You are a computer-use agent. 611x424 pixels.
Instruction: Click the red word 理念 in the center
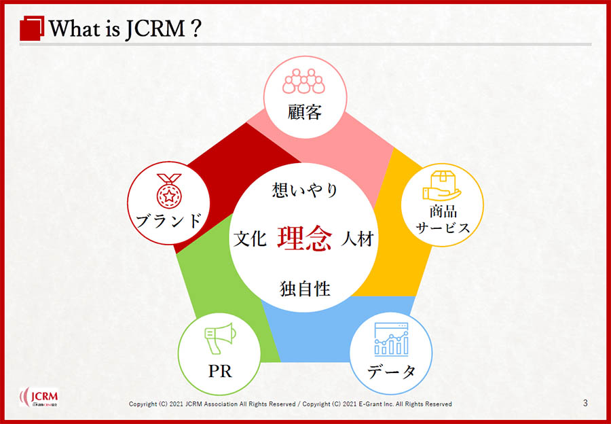(305, 238)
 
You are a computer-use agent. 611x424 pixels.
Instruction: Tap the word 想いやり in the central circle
(305, 190)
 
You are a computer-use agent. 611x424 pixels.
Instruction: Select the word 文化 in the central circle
(250, 238)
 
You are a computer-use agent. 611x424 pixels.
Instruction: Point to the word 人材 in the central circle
(357, 238)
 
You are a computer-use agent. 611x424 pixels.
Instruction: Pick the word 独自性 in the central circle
(305, 289)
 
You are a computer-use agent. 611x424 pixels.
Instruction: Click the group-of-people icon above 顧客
(303, 81)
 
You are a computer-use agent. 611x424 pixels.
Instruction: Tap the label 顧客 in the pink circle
(305, 112)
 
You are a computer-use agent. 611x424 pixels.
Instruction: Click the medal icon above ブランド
(169, 191)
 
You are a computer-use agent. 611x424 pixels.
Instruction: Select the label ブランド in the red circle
(169, 221)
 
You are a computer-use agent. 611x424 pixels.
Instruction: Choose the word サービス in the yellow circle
(443, 228)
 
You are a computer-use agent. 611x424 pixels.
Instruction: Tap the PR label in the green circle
(220, 372)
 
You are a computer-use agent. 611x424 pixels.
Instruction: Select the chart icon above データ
(391, 339)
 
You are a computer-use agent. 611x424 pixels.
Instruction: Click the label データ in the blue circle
(391, 372)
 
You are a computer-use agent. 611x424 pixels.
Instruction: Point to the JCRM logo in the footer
(39, 397)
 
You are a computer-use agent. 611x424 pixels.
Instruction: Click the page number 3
(585, 403)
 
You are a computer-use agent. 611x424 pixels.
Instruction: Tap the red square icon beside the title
(32, 28)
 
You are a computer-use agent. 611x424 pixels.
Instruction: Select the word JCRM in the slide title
(155, 29)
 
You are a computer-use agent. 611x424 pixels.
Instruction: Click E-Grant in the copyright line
(367, 404)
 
